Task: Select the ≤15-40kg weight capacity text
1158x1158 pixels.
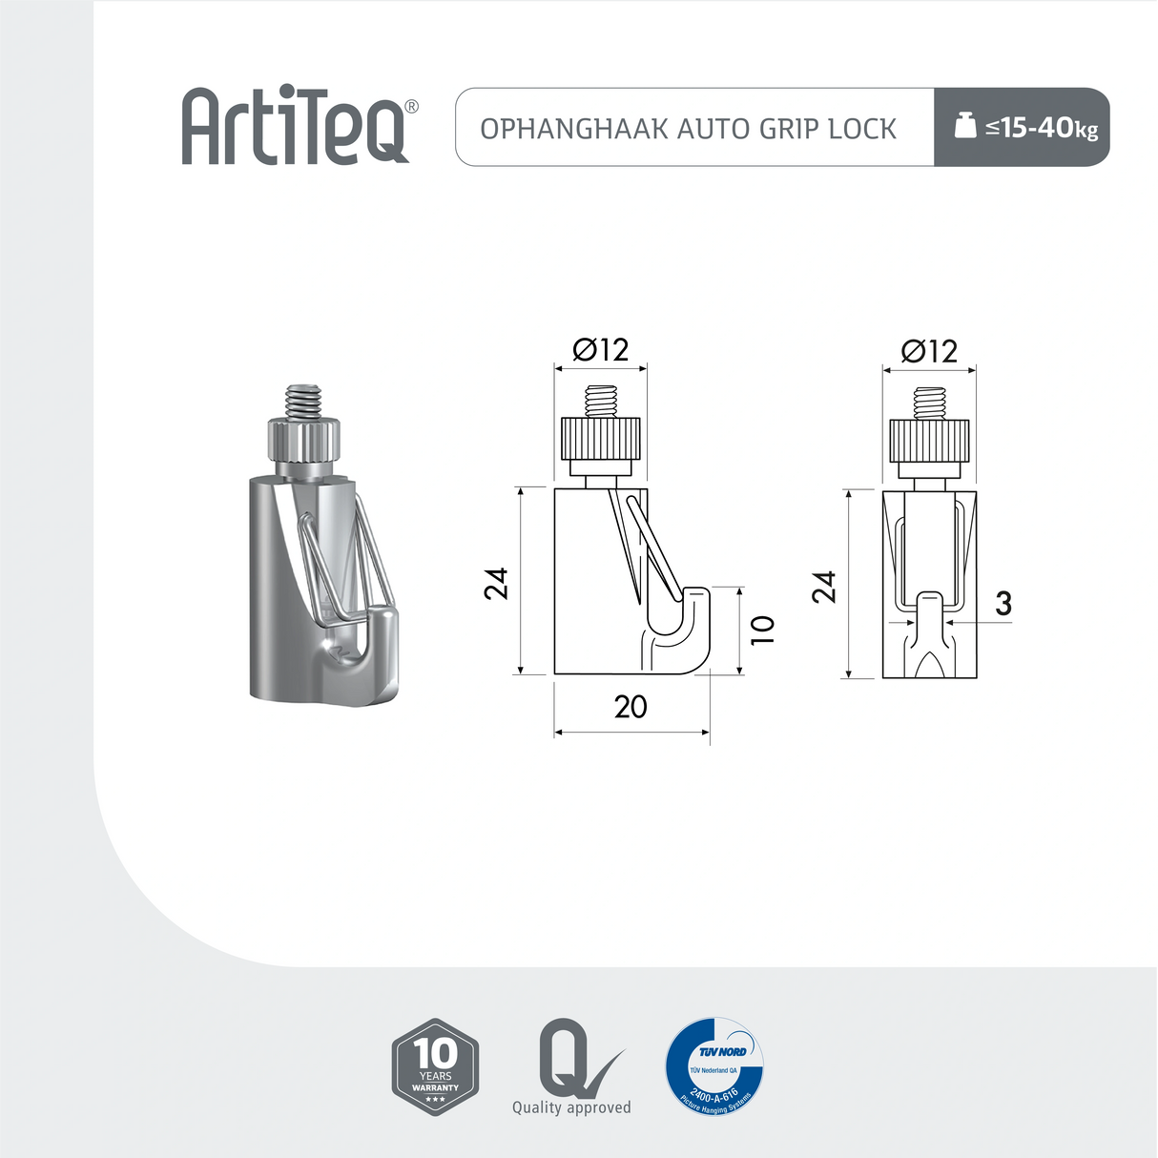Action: pos(1042,127)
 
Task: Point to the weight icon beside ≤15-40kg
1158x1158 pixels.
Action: pos(965,126)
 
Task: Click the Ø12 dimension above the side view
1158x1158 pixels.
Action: pos(600,350)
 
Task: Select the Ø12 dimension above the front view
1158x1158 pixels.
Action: pos(928,352)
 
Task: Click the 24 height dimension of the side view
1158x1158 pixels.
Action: pos(497,583)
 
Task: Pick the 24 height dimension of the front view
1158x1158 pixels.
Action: pos(824,586)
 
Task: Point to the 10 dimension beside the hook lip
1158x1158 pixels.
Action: pos(763,630)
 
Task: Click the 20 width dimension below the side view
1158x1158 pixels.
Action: pos(631,707)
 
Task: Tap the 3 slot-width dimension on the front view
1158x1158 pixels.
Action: pos(1003,604)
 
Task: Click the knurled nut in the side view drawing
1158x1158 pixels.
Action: pos(601,439)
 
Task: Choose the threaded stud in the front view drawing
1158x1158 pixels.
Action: pos(928,403)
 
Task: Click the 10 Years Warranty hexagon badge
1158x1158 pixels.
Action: pos(435,1066)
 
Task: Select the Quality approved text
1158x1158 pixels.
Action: pos(571,1107)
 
